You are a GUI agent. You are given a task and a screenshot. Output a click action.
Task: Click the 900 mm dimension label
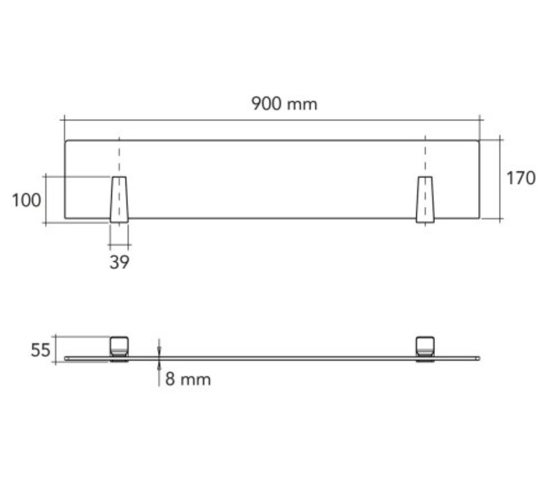(x=284, y=104)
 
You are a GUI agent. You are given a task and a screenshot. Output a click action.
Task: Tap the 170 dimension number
(x=521, y=178)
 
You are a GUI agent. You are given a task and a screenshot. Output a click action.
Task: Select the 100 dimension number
(x=26, y=200)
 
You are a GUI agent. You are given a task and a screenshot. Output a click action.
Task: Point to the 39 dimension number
(x=119, y=262)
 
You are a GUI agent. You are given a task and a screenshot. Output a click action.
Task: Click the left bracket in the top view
(x=119, y=199)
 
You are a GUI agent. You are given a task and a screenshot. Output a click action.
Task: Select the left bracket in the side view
(x=119, y=347)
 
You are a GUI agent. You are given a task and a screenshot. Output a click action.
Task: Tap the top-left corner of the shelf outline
(x=66, y=140)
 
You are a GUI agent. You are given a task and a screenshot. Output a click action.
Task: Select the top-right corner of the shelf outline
(x=479, y=140)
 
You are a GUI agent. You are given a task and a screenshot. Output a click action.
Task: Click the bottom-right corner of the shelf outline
(x=479, y=218)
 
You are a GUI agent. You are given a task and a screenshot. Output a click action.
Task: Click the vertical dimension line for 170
(x=500, y=179)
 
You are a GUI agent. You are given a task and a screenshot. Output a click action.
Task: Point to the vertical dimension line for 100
(x=45, y=199)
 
